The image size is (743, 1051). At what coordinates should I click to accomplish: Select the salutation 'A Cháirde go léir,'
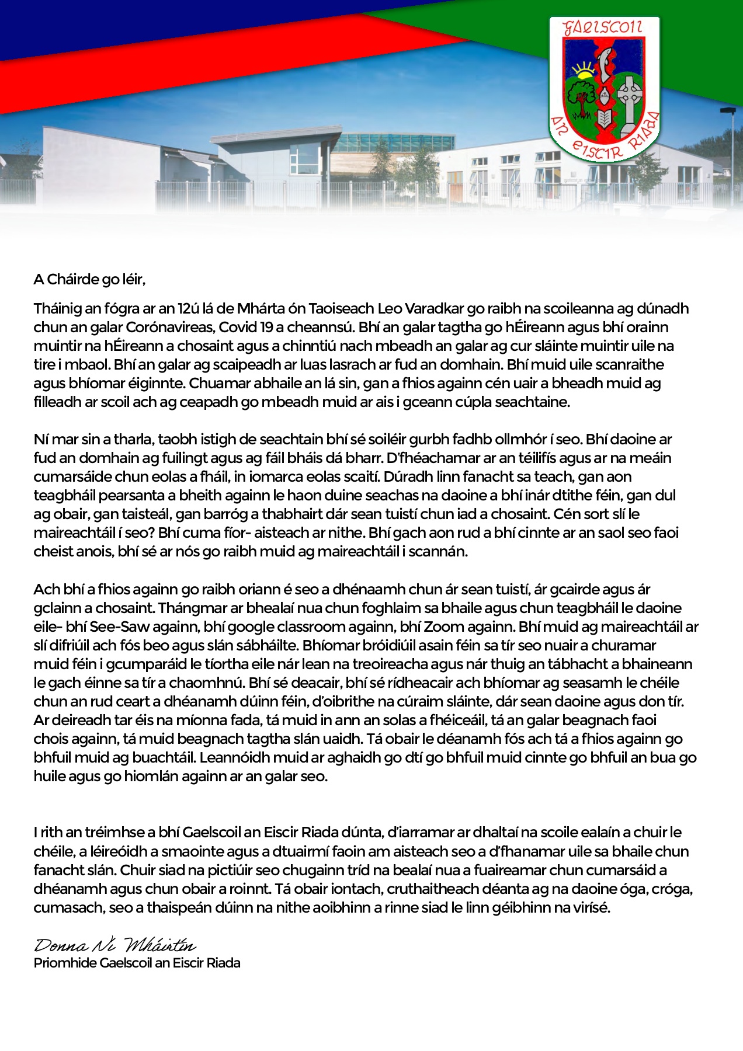click(89, 280)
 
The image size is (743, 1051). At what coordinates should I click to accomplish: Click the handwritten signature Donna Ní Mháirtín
click(115, 945)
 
